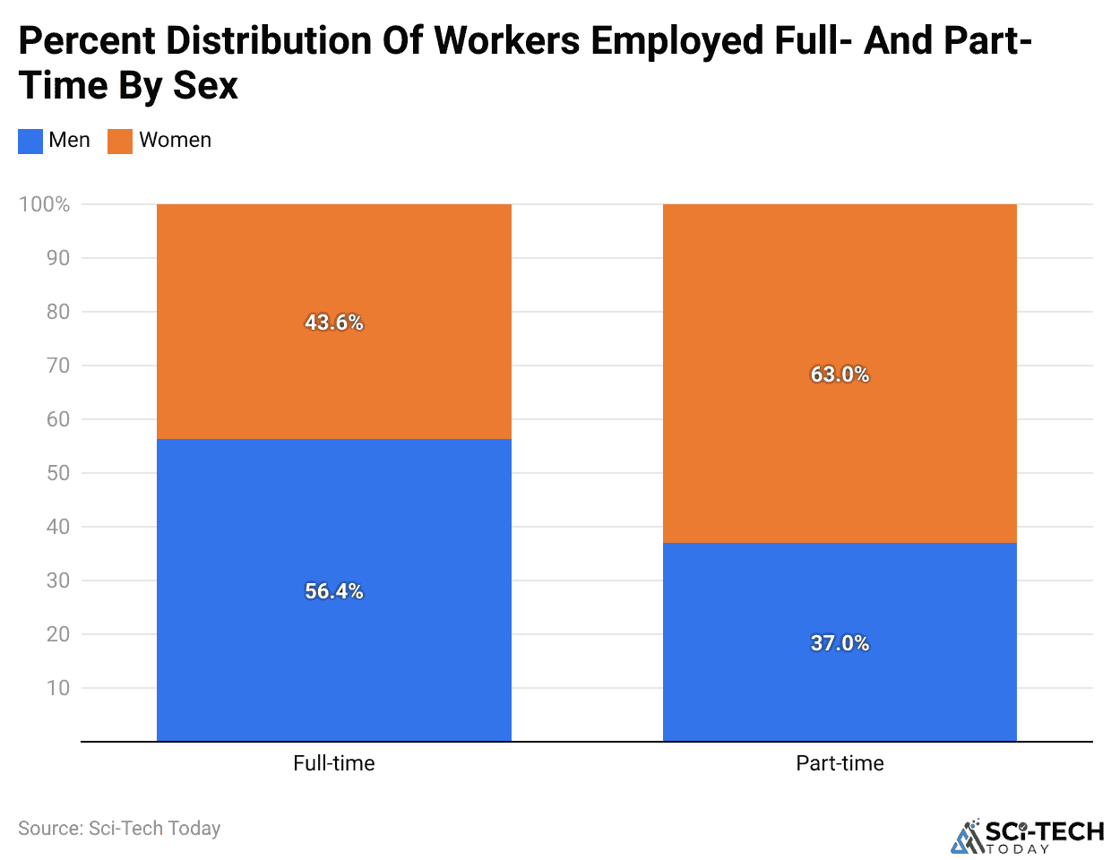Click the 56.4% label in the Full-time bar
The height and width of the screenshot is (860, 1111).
point(334,591)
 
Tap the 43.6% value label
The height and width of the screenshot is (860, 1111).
point(334,322)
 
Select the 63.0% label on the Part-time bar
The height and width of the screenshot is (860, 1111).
point(840,374)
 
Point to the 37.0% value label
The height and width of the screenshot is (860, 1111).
point(840,643)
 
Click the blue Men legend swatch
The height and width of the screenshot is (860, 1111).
point(30,142)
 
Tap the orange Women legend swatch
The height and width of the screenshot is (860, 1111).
point(120,142)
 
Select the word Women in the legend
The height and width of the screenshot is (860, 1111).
point(176,141)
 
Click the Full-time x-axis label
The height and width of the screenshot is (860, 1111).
point(334,763)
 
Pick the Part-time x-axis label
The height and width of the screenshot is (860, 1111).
point(840,763)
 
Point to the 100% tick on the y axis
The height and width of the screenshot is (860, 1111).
point(45,204)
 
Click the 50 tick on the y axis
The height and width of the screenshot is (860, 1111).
point(58,473)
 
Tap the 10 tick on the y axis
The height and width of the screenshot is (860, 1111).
point(58,688)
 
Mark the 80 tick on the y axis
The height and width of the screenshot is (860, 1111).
point(58,312)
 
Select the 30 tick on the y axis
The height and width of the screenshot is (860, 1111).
point(58,580)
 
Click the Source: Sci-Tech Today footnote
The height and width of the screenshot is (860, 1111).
point(119,829)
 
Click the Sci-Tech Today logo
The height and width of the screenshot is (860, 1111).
point(1027,837)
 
